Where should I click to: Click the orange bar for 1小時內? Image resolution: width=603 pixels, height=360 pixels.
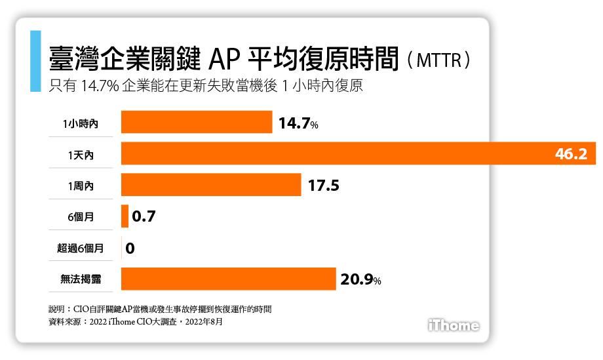[x=197, y=123]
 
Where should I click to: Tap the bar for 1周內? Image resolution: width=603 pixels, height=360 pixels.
[x=211, y=185]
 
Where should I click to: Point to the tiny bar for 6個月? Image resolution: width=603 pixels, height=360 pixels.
[x=125, y=216]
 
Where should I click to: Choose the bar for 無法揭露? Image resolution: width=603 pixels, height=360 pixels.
[x=229, y=279]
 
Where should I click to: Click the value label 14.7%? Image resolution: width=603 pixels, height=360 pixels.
[x=298, y=123]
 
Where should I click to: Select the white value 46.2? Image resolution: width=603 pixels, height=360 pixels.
[x=571, y=154]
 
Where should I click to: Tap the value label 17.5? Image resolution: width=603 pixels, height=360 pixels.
[x=323, y=186]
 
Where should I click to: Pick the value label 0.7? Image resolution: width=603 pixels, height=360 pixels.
[x=144, y=216]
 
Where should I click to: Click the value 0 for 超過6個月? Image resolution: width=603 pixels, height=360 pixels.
[x=130, y=248]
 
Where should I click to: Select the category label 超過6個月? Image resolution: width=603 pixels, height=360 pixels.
[x=80, y=248]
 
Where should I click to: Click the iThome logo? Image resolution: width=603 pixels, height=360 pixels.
[x=453, y=325]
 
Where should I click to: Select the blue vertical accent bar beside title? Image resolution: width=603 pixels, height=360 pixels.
[x=35, y=61]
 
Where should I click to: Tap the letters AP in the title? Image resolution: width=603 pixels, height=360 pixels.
[x=225, y=59]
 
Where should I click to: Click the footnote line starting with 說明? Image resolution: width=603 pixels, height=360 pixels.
[x=160, y=308]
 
